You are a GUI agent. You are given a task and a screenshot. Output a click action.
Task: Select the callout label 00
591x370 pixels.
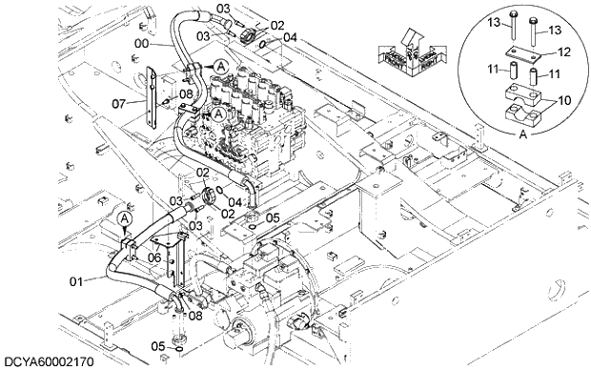click(140, 43)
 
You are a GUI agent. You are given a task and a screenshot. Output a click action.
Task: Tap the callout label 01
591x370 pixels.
click(82, 280)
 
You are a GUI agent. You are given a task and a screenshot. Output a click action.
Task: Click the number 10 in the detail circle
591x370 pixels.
click(564, 99)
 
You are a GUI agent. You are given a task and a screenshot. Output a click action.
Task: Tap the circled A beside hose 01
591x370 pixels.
click(123, 218)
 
